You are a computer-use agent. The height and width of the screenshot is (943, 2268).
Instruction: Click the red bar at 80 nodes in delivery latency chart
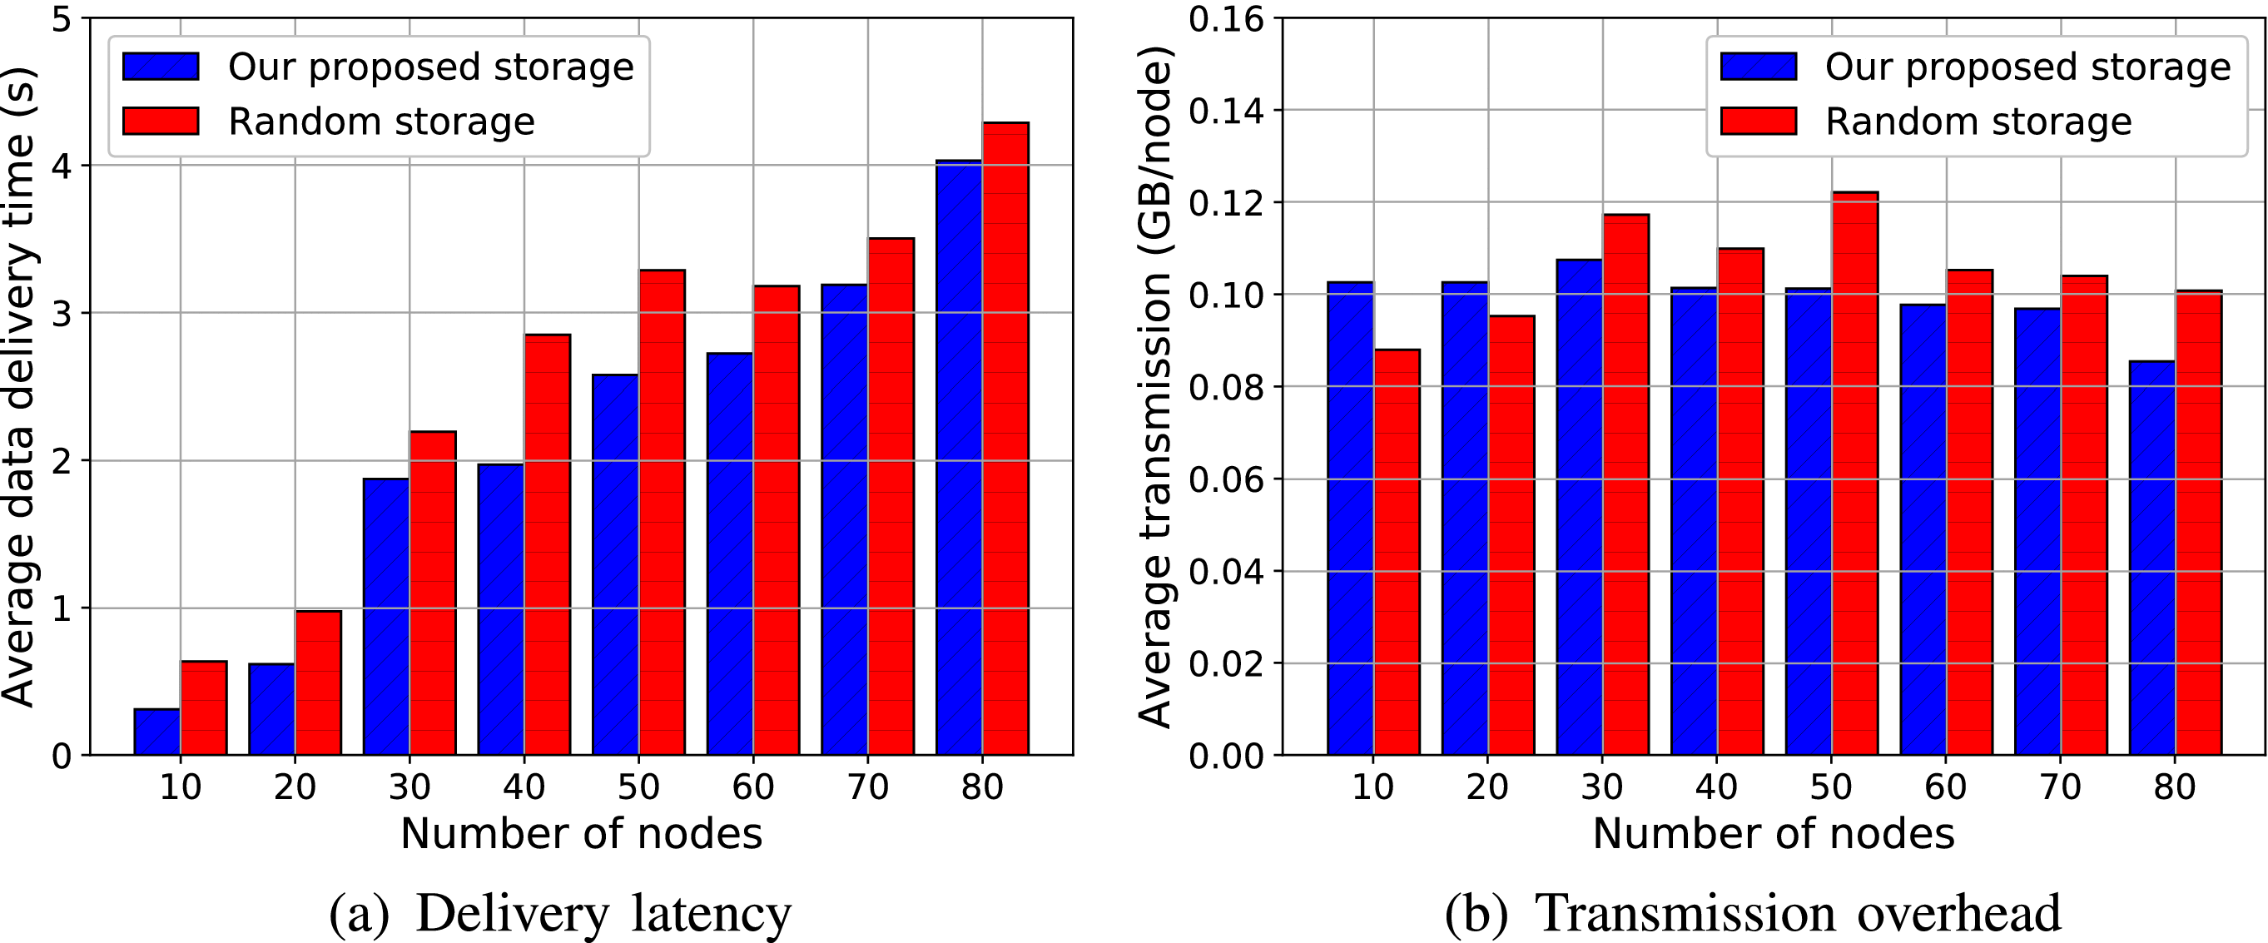1005,440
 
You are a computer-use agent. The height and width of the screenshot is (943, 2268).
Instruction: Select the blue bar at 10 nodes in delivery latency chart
157,732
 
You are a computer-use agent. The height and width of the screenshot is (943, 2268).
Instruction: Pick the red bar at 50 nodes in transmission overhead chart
1854,475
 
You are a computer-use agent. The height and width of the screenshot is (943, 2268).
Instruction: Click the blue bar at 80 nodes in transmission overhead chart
2151,558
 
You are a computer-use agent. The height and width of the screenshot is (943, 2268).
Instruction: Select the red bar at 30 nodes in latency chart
432,593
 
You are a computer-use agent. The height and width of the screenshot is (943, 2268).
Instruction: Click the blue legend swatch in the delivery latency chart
161,67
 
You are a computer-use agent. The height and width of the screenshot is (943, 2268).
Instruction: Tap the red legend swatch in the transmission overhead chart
1759,122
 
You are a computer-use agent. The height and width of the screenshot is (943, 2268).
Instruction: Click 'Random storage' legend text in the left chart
381,122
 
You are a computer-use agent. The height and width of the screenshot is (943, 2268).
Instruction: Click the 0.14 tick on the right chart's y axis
1226,112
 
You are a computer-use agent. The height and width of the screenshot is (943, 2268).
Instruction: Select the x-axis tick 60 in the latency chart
752,787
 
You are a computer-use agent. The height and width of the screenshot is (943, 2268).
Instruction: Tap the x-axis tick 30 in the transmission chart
1601,787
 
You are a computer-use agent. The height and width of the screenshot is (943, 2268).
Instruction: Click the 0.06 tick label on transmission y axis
1226,480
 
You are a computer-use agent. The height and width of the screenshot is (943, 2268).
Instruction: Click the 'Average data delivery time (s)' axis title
19,387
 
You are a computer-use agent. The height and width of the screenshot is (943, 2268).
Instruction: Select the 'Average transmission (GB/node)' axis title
1155,387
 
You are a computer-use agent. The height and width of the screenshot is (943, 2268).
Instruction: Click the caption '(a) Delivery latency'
560,913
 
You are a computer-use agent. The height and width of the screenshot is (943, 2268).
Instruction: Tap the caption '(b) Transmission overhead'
1752,913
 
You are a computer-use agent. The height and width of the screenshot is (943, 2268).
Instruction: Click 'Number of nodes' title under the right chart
1773,833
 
